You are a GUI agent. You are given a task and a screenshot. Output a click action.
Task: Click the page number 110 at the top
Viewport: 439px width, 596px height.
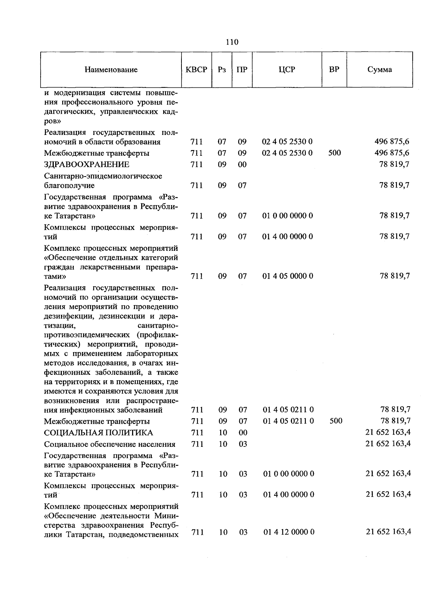(232, 42)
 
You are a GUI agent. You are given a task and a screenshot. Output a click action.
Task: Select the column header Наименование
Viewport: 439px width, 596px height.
(111, 69)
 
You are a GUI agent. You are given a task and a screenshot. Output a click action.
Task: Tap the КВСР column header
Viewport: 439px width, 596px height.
(196, 69)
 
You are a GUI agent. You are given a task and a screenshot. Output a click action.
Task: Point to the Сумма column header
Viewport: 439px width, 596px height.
(379, 69)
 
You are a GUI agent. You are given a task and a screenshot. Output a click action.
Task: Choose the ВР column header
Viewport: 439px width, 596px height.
(334, 69)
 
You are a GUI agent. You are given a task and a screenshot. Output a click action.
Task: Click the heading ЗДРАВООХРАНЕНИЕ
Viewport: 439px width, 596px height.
(87, 165)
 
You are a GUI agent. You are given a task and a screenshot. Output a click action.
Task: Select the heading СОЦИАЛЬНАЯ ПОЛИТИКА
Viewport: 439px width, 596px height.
(98, 433)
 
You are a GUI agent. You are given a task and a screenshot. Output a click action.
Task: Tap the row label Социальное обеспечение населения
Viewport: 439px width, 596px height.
(110, 444)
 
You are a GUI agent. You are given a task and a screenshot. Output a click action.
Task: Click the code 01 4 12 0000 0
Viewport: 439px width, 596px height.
(289, 532)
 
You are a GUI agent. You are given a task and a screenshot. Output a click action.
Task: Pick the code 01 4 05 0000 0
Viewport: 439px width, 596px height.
(288, 276)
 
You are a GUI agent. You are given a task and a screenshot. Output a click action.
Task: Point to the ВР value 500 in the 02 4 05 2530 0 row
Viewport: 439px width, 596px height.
(334, 153)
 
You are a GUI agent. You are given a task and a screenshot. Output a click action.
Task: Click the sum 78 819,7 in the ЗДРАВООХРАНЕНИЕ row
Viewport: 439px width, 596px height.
(394, 165)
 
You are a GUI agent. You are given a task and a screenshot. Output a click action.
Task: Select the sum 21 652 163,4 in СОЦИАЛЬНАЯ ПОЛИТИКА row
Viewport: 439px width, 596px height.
(388, 433)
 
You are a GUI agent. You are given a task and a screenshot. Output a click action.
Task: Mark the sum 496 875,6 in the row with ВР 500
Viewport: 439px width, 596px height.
(392, 153)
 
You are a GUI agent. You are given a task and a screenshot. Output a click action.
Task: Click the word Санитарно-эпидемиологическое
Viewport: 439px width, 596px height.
(103, 176)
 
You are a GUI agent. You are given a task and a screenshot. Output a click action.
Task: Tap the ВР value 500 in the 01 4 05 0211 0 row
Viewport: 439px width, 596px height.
(336, 421)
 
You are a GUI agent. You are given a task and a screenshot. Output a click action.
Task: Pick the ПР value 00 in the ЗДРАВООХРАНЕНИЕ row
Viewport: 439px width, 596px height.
(242, 165)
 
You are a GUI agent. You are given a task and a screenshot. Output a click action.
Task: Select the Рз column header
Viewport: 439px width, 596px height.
(222, 69)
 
